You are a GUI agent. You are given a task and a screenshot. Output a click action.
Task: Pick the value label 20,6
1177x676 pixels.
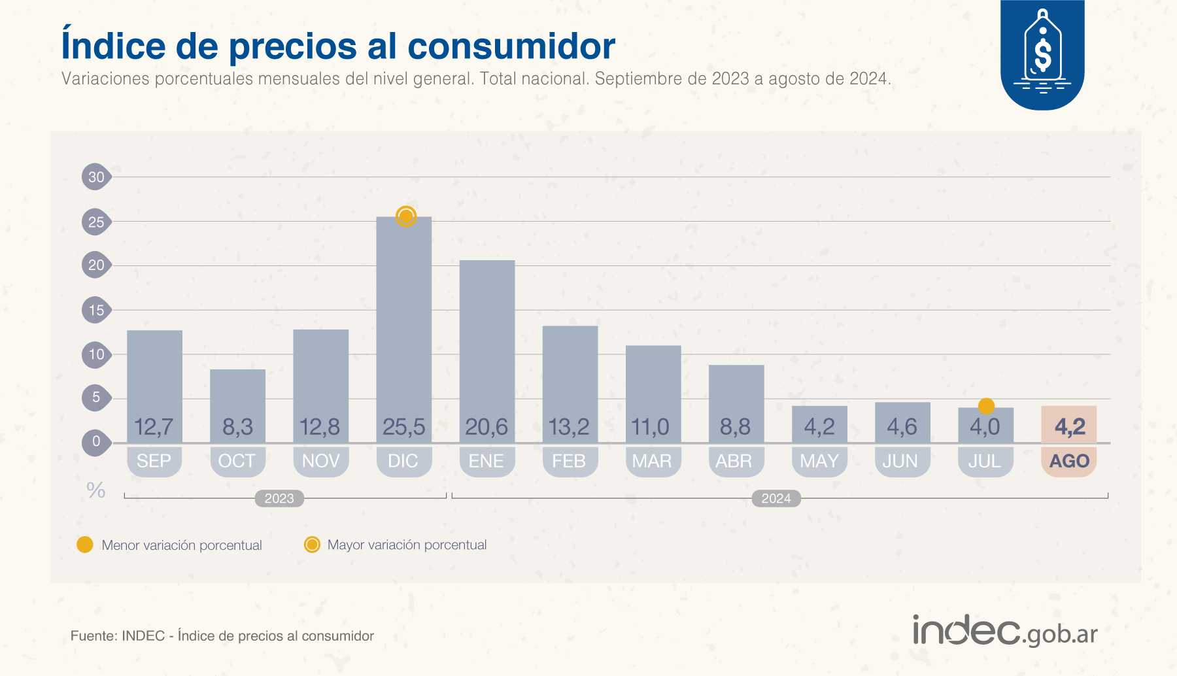coord(486,427)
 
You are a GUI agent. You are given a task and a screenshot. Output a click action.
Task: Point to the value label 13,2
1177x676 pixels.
coord(569,427)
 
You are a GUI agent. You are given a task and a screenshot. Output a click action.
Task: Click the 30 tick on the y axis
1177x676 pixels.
coord(96,177)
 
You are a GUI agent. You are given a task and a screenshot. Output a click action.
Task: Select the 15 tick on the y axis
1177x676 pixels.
coord(96,310)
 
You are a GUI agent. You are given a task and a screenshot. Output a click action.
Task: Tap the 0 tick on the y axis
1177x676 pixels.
coord(96,441)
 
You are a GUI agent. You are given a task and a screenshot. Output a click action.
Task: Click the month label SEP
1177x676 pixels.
coord(154,461)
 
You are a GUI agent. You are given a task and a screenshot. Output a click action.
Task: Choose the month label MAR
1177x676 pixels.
coord(652,461)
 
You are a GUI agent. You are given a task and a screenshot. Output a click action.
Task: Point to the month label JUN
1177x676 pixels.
coord(900,461)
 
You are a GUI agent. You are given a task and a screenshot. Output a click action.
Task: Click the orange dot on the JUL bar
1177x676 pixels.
coord(986,406)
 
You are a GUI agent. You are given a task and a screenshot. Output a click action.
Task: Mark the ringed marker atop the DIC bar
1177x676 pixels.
coord(406,216)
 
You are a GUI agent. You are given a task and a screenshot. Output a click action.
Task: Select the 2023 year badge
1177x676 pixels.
coord(279,498)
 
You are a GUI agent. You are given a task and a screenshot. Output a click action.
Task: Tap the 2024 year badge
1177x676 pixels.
coord(776,498)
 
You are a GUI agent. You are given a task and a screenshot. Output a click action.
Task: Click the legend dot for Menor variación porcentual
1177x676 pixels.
coord(85,545)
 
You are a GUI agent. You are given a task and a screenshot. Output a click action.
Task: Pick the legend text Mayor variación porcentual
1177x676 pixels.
coord(407,545)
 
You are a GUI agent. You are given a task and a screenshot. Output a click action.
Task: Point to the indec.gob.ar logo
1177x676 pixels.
coord(1005,632)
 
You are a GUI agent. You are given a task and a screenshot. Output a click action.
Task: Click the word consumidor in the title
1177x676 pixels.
coord(511,46)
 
